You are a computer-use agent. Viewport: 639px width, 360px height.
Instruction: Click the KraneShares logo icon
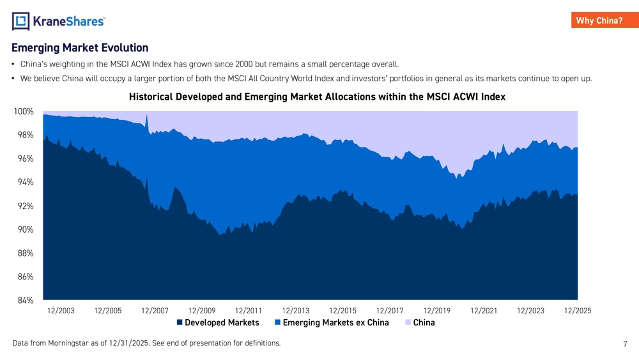coord(21,22)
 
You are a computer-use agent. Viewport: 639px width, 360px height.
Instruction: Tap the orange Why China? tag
coord(599,20)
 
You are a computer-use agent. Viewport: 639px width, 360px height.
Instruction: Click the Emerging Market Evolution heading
coord(80,48)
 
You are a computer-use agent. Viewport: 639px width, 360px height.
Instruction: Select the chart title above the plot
coord(317,97)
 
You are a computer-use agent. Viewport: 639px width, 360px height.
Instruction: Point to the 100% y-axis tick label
coord(24,111)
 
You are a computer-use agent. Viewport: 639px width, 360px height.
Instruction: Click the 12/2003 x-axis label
coord(61,311)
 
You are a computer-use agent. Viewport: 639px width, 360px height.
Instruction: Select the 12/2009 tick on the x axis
coord(202,311)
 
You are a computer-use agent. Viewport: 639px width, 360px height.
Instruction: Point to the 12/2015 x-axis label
coord(343,311)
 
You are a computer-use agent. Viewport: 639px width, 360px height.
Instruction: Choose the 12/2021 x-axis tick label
coord(484,311)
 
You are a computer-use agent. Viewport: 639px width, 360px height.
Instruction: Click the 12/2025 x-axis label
coord(578,311)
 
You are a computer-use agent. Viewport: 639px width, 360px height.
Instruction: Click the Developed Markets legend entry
coord(218,322)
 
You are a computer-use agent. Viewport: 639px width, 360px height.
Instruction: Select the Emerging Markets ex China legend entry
coord(332,322)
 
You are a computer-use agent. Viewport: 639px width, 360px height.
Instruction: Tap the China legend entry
coord(420,322)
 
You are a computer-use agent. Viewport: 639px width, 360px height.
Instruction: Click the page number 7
coord(625,344)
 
